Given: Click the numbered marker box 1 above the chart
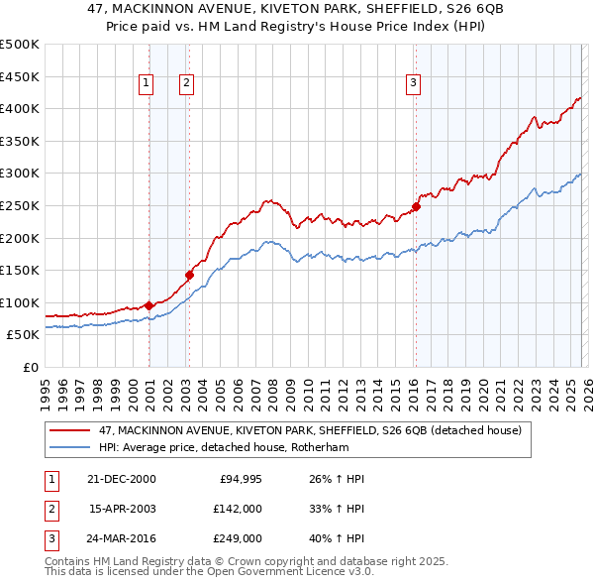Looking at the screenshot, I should pyautogui.click(x=146, y=84).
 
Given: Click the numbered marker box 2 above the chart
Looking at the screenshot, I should pyautogui.click(x=186, y=84).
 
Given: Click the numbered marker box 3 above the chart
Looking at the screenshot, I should pyautogui.click(x=413, y=84).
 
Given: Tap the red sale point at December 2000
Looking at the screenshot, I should pyautogui.click(x=149, y=305).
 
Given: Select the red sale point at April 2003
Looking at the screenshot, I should pyautogui.click(x=189, y=275).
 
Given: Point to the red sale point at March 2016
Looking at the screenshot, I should pyautogui.click(x=417, y=206).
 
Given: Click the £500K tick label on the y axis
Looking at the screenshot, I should pyautogui.click(x=20, y=45).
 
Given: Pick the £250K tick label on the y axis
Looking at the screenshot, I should pyautogui.click(x=20, y=206).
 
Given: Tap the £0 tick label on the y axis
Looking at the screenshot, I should pyautogui.click(x=31, y=368).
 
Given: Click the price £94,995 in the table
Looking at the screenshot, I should pyautogui.click(x=237, y=479).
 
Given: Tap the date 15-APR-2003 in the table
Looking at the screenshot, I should pyautogui.click(x=123, y=508).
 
